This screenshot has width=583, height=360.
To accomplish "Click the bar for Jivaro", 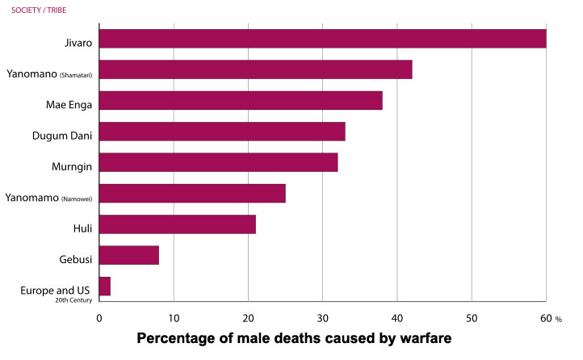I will point(322,39).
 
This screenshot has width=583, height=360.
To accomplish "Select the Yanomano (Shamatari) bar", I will point(255,69).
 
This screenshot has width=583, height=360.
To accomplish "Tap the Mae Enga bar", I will point(240,100).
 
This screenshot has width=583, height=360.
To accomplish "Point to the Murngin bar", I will point(218,162).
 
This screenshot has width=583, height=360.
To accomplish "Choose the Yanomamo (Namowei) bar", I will point(191,193).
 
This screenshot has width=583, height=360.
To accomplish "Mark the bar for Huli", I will point(177,224).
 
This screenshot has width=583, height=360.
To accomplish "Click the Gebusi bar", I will point(128,255).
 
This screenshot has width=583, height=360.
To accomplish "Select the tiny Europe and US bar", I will point(104,286).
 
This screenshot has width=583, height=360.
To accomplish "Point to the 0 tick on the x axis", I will point(99,318).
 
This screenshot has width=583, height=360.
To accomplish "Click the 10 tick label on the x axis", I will point(173,318).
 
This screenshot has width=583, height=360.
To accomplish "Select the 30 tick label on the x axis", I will point(322,318).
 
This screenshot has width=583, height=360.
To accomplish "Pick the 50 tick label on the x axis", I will point(472,318).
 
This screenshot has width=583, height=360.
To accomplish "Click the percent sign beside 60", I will point(558,319).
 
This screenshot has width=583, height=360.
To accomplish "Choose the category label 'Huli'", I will point(82,229).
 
